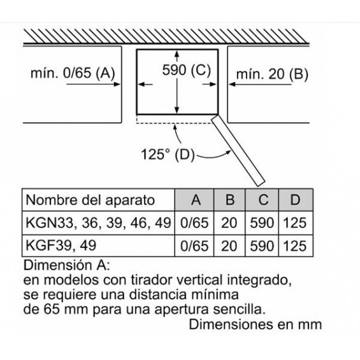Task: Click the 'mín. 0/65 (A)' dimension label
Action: point(73,73)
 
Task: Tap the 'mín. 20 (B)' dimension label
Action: point(272,74)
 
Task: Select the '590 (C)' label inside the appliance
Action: point(187,70)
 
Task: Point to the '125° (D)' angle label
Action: point(168,154)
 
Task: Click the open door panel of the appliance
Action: point(238,151)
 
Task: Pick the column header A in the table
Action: point(196,199)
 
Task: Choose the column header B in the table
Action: point(230,199)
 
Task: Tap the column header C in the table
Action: point(263,199)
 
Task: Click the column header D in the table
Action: point(296,199)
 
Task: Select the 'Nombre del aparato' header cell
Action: point(90,200)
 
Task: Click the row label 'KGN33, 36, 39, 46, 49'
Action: point(98,223)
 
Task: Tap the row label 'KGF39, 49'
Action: point(61,245)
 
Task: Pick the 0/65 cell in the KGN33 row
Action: point(194,223)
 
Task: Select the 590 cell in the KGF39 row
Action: point(262,246)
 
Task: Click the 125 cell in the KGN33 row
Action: point(295,223)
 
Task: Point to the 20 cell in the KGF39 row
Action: point(229,246)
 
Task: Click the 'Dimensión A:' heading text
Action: point(67,265)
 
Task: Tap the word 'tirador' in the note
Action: point(152,280)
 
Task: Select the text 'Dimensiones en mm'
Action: point(255,324)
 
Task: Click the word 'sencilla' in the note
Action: point(239,309)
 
